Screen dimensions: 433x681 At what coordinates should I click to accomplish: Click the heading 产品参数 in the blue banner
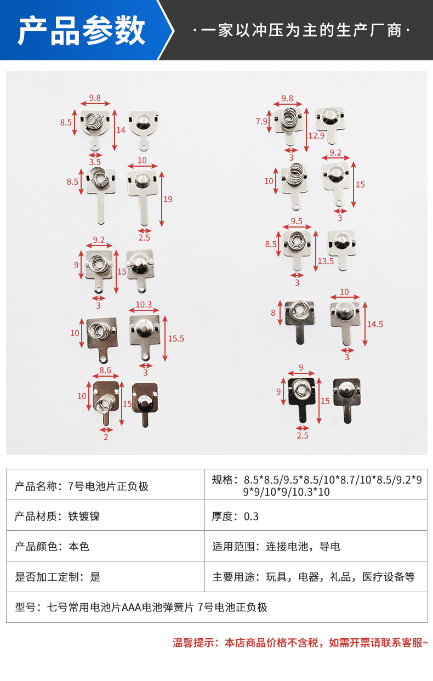[81, 30]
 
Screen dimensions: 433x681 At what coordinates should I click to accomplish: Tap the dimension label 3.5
[95, 162]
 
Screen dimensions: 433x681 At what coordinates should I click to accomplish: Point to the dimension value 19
[168, 199]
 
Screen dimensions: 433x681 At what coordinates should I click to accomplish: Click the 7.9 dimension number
[262, 121]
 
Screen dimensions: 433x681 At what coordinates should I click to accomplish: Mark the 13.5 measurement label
[326, 261]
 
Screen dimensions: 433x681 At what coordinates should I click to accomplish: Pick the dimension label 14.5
[375, 324]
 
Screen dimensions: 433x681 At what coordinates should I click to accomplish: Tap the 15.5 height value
[176, 338]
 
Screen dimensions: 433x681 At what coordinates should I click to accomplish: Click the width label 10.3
[144, 304]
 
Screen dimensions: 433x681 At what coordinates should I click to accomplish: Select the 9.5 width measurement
[297, 222]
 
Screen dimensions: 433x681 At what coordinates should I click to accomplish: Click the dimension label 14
[121, 130]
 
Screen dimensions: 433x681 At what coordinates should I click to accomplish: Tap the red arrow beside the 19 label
[162, 198]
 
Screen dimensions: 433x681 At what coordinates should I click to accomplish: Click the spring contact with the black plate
[301, 392]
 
